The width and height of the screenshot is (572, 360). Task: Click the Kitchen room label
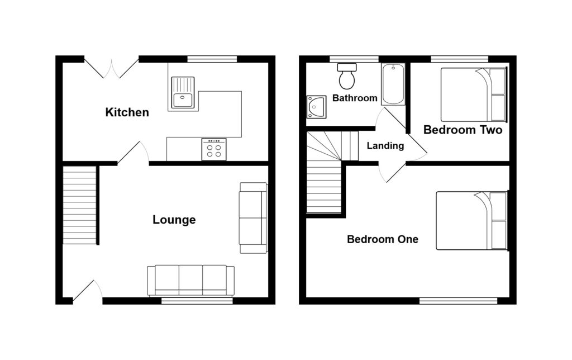coord(127,112)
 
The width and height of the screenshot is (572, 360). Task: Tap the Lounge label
coord(174,220)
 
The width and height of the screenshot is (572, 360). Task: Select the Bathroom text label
coord(355,98)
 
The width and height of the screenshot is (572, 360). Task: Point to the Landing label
coord(385,146)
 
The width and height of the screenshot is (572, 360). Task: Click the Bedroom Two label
coord(463,130)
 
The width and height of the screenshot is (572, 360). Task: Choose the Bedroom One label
coord(383,239)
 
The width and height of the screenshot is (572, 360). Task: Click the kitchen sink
coord(183,93)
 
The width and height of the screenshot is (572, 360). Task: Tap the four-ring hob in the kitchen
coord(214,149)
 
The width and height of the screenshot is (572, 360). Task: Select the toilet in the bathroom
coord(347,76)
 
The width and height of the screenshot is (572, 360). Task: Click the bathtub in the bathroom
coord(393,84)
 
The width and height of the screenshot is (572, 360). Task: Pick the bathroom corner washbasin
coord(316,106)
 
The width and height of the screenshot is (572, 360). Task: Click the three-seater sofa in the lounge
coord(190,280)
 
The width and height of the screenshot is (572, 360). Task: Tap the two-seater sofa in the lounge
coord(253,217)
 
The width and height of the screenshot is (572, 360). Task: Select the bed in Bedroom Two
coord(474,94)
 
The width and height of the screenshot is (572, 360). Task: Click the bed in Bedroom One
coord(471,220)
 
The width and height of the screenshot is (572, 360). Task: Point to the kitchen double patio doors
coord(112,68)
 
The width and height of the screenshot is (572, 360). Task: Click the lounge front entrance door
coord(88,291)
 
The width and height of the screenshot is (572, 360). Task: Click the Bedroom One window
coord(458,301)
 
